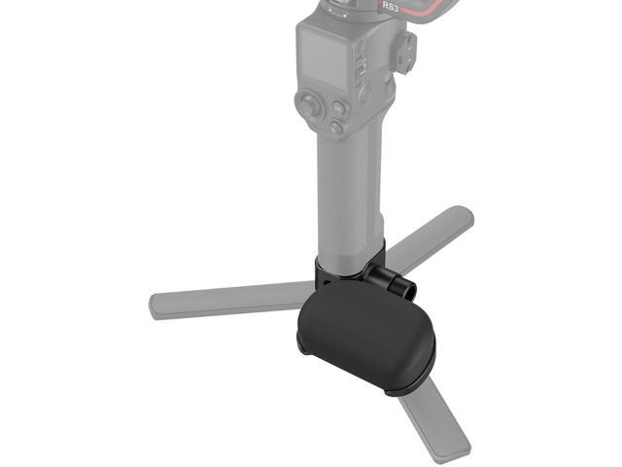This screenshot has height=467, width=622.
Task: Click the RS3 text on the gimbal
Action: point(392,6)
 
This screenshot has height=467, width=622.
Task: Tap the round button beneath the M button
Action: point(336,127)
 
